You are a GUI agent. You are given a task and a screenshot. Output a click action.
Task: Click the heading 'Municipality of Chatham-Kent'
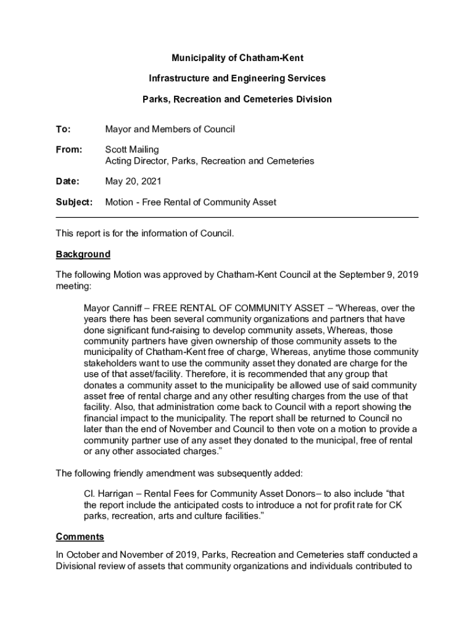coord(238,58)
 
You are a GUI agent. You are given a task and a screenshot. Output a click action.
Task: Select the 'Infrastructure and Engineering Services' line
coord(238,78)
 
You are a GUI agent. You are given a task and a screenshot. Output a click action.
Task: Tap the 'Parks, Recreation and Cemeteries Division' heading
coord(238,99)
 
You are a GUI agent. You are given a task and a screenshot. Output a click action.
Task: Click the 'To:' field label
coord(64,130)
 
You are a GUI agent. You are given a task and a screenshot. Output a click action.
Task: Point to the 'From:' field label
coord(68,150)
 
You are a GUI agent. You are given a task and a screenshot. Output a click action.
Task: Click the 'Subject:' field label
coord(74,202)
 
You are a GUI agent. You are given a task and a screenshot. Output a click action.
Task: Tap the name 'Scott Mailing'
coord(132,150)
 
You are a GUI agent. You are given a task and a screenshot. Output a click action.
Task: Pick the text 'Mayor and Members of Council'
coord(170,130)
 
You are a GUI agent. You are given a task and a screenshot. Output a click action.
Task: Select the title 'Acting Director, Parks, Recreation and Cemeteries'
coord(209,161)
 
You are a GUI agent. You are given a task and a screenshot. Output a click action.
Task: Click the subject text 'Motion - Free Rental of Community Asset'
coord(191,202)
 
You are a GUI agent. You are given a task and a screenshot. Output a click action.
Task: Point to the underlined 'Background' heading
coord(83,254)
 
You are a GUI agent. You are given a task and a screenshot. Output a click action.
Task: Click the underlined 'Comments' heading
coord(80,536)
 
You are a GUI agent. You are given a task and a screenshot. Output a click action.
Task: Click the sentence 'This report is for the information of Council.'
coord(145,233)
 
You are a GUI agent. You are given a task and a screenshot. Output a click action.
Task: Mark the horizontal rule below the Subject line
coord(238,217)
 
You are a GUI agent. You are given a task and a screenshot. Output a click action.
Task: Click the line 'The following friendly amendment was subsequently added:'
coord(179,473)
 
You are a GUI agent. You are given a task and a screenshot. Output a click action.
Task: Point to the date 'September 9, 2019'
coord(378,275)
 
